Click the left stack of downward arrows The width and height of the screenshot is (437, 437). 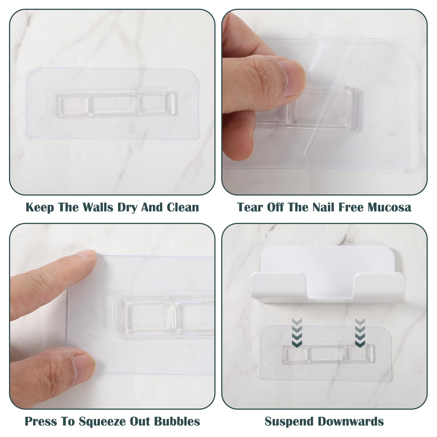(x=297, y=332)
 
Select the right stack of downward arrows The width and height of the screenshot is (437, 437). (x=360, y=332)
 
